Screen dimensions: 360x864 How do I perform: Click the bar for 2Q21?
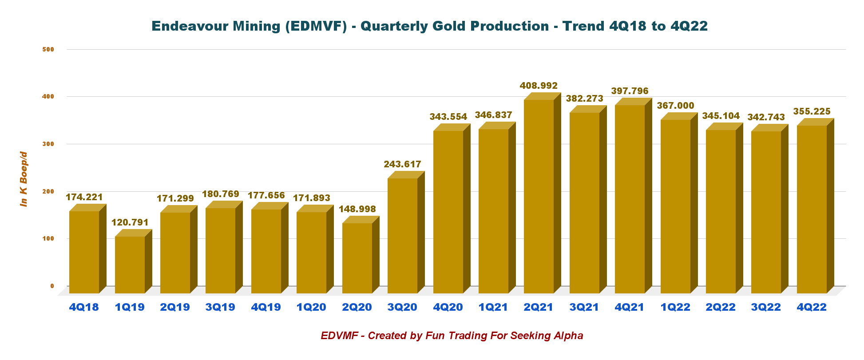[x=539, y=195]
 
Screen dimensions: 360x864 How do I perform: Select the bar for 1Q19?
[x=130, y=264]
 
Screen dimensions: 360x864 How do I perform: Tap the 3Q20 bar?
[x=402, y=235]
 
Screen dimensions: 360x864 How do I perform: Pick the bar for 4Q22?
[x=812, y=209]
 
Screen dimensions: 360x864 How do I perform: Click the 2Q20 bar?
[x=357, y=257]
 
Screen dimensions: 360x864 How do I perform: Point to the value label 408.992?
[x=539, y=86]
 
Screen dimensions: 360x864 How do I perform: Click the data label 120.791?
[x=130, y=222]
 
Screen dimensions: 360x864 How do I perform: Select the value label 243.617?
[x=402, y=164]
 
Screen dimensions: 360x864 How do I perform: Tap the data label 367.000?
[x=675, y=106]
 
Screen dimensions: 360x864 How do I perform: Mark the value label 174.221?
[x=84, y=197]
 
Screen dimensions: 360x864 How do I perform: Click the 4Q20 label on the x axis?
[x=448, y=307]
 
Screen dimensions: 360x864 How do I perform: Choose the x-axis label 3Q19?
[x=220, y=307]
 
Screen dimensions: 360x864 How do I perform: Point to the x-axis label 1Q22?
[x=675, y=307]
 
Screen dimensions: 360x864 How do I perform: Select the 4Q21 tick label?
[x=630, y=307]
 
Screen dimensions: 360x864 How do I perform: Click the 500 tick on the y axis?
[x=48, y=49]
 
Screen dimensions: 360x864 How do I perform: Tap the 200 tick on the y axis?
[x=48, y=191]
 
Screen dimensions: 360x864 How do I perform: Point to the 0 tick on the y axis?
[x=52, y=286]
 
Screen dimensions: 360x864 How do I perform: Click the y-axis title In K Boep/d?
[x=24, y=179]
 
